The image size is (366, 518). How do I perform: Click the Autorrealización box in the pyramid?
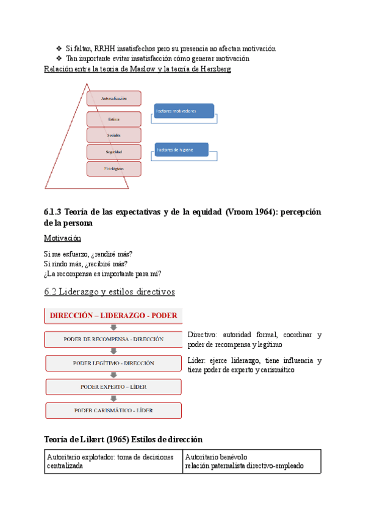pos(114,98)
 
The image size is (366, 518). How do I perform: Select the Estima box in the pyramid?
pos(114,119)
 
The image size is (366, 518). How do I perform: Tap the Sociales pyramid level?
pos(114,135)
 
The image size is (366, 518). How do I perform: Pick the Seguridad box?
pos(114,151)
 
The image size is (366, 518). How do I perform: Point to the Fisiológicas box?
pos(114,169)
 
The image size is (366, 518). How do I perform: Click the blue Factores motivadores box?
pos(184,111)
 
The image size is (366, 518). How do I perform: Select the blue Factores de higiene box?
pos(181,150)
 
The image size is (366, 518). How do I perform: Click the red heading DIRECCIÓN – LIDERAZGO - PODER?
pos(113,316)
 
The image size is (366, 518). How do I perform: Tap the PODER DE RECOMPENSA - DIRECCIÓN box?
pos(113,339)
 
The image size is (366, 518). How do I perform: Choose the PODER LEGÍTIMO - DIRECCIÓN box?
pos(113,363)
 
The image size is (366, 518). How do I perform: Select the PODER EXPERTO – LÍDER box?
pos(113,387)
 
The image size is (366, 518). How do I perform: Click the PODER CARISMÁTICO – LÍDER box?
pos(113,410)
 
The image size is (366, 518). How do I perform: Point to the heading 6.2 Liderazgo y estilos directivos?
pos(110,292)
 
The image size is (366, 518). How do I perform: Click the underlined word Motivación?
pos(63,238)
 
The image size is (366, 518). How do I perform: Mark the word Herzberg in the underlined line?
pos(213,69)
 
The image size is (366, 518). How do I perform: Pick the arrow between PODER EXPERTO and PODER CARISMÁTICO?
pos(113,398)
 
